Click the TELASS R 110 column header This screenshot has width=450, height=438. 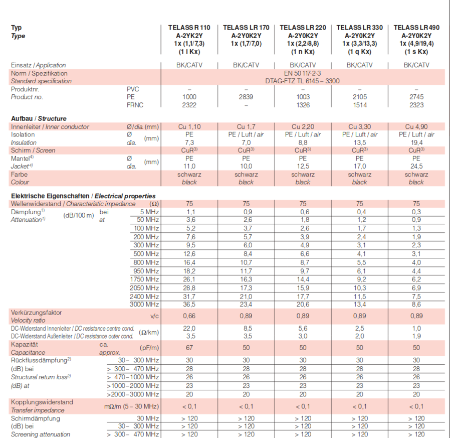click(x=189, y=28)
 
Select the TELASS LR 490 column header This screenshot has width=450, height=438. click(x=416, y=28)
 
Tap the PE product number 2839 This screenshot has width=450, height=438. click(x=246, y=97)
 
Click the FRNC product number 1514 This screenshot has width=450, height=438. click(x=359, y=105)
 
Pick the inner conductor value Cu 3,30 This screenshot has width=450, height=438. click(x=359, y=127)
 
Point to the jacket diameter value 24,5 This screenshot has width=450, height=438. click(x=416, y=166)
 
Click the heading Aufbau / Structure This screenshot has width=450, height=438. click(x=39, y=119)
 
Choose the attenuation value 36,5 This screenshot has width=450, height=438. click(x=189, y=305)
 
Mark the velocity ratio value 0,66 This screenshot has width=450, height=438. click(x=189, y=316)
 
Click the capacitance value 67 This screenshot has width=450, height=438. click(x=189, y=348)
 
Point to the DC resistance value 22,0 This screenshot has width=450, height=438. click(x=189, y=328)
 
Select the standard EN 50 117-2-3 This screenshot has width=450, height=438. click(x=303, y=73)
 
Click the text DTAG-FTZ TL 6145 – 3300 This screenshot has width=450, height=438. click(x=303, y=81)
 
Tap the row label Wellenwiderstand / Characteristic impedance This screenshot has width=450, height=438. click(x=73, y=204)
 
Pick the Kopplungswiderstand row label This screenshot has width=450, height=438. click(x=42, y=402)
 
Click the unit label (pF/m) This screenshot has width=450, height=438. click(x=149, y=348)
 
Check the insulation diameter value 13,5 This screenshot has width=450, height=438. click(x=359, y=142)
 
